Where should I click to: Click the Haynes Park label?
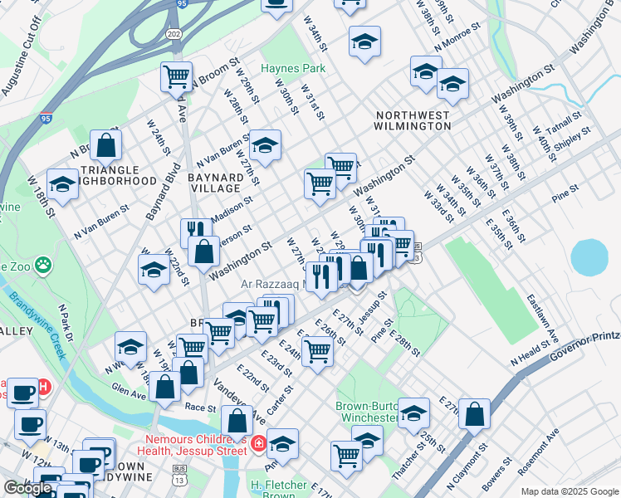pyautogui.click(x=292, y=68)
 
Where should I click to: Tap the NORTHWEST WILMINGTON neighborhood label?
pyautogui.click(x=413, y=120)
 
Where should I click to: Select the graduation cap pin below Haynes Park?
pyautogui.click(x=265, y=146)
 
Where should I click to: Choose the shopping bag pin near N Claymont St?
pyautogui.click(x=474, y=413)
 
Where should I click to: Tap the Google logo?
pyautogui.click(x=27, y=488)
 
